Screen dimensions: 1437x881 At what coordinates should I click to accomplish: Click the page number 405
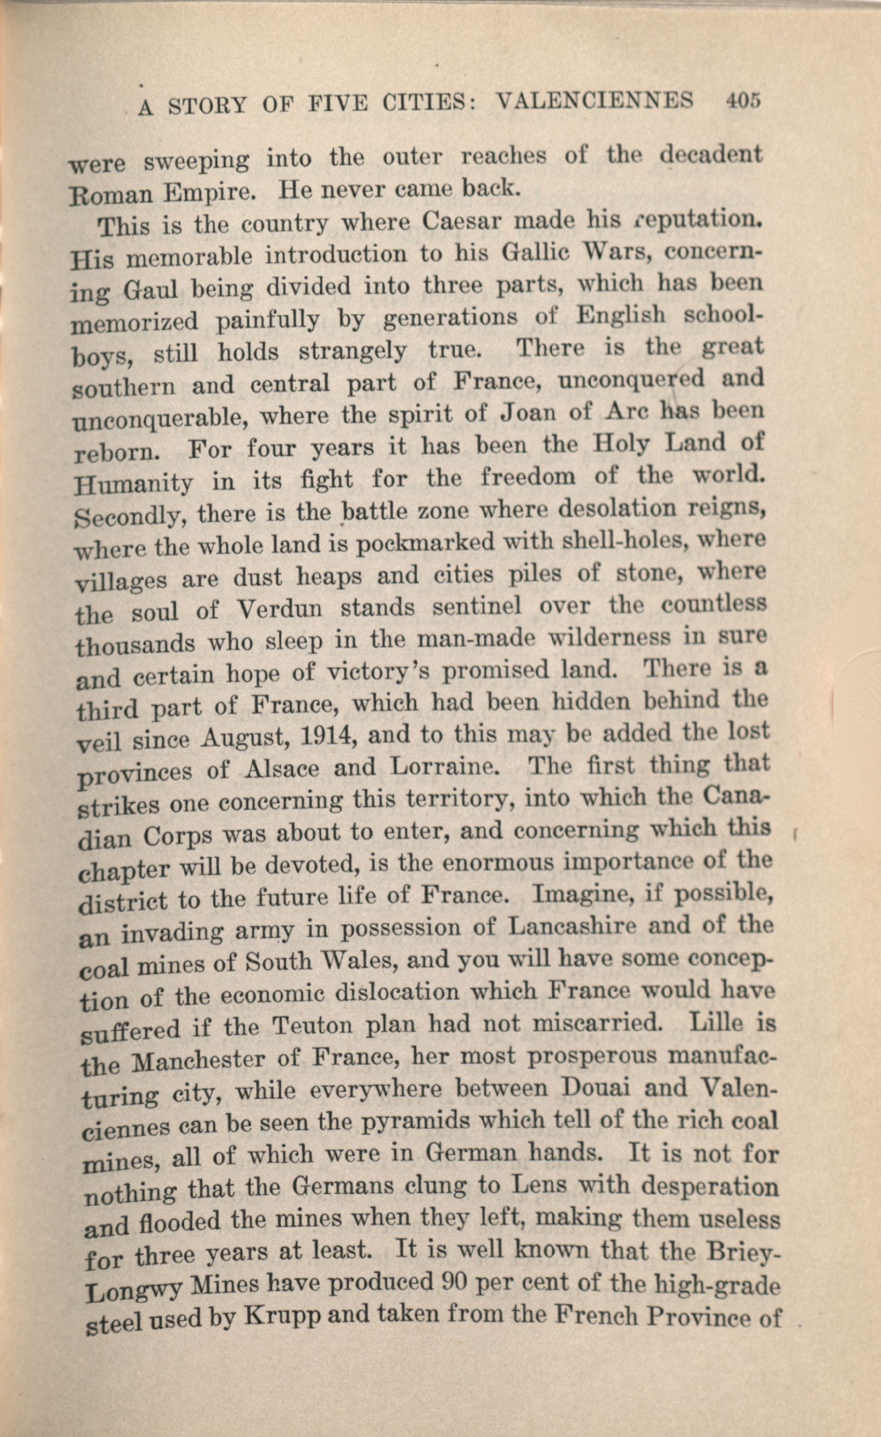743,101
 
